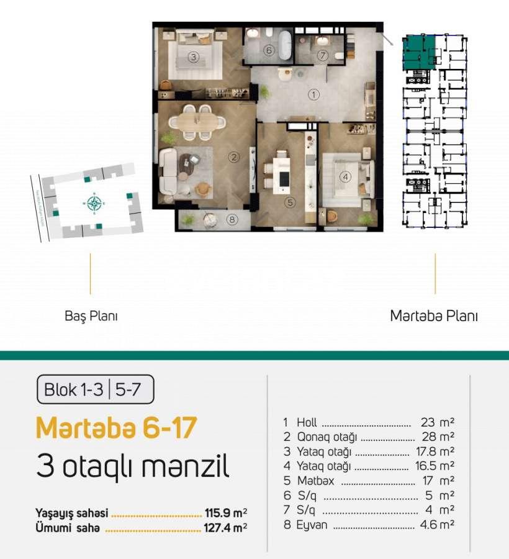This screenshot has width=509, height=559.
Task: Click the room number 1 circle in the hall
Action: click(x=313, y=95)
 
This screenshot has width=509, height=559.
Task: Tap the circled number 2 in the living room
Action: click(x=233, y=157)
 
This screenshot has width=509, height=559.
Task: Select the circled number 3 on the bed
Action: click(x=193, y=58)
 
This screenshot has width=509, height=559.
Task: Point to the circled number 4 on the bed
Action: click(x=345, y=176)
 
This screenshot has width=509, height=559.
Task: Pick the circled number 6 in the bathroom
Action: click(x=268, y=51)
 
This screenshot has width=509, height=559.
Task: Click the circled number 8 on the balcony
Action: click(x=232, y=219)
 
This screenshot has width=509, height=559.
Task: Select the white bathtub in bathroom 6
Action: click(x=284, y=45)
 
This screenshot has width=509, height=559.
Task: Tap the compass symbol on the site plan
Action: click(x=94, y=203)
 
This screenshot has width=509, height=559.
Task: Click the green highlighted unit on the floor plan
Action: click(x=418, y=51)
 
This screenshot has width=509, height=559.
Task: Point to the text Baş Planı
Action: click(x=91, y=316)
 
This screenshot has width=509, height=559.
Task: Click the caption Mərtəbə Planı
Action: click(x=434, y=316)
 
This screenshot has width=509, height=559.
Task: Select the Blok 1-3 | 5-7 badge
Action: click(x=95, y=390)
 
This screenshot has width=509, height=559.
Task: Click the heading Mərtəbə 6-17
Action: click(x=117, y=428)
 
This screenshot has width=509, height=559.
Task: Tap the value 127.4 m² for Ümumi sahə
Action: click(x=226, y=529)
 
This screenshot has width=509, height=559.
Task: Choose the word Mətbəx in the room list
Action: click(x=310, y=481)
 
